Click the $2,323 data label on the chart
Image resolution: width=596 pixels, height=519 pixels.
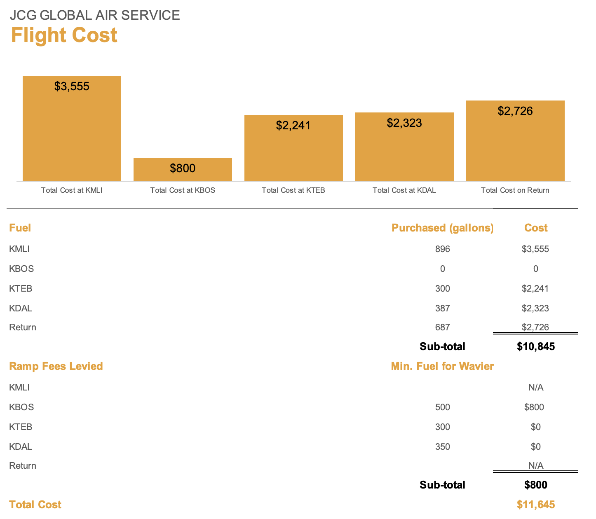coord(404,123)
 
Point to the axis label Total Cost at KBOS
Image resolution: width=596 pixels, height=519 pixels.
coord(183,190)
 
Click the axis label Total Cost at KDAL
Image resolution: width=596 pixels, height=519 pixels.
coord(404,190)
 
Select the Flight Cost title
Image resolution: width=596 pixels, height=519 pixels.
coord(64,35)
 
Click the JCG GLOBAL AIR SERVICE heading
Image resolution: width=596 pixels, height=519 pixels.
coord(95,15)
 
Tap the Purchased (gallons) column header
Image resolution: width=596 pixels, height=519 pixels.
coord(442,228)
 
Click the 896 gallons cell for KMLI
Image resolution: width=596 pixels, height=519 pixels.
coord(443,249)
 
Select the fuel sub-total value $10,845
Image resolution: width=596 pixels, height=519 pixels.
coord(536,346)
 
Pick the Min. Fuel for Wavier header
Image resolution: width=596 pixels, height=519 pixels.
coord(442,366)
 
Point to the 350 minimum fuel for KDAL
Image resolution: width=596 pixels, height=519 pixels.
coord(443,447)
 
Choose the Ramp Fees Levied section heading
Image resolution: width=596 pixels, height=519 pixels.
coord(56,366)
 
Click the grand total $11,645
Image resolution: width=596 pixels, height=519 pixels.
coord(536,505)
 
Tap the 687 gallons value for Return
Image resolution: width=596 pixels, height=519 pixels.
coord(443,327)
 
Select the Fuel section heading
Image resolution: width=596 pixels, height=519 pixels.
coord(20,228)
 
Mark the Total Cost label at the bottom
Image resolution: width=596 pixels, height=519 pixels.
coord(35,505)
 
